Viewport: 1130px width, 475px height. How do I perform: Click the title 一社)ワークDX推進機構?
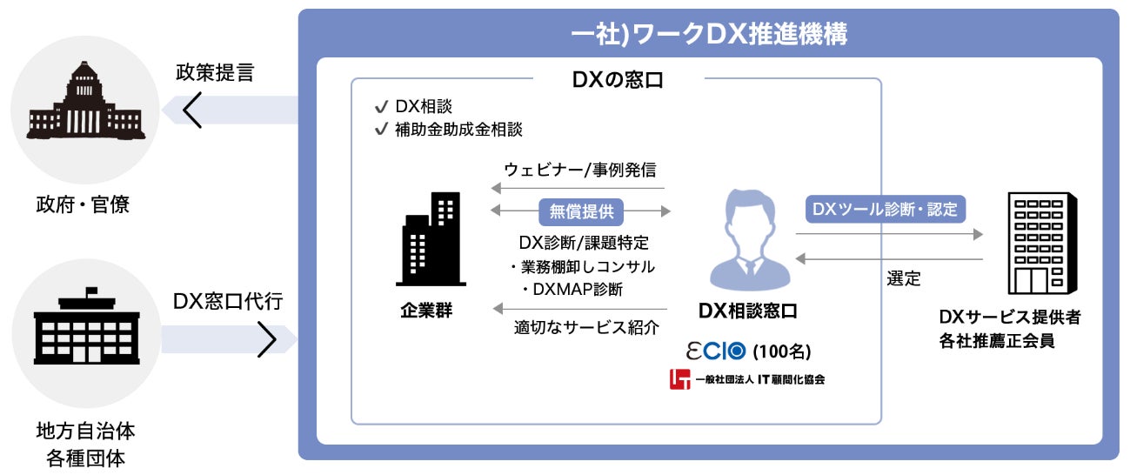pyautogui.click(x=709, y=34)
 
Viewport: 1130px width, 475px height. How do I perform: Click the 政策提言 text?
pyautogui.click(x=214, y=72)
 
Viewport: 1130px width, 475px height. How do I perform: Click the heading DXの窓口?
pyautogui.click(x=617, y=80)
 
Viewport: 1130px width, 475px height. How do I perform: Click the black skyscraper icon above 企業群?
pyautogui.click(x=431, y=238)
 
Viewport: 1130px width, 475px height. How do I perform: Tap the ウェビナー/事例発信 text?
pyautogui.click(x=579, y=169)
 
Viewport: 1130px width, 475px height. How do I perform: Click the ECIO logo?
pyautogui.click(x=716, y=351)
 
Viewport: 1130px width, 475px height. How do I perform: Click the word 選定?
pyautogui.click(x=903, y=279)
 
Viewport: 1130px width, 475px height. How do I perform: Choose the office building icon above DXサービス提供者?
pyautogui.click(x=1034, y=244)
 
